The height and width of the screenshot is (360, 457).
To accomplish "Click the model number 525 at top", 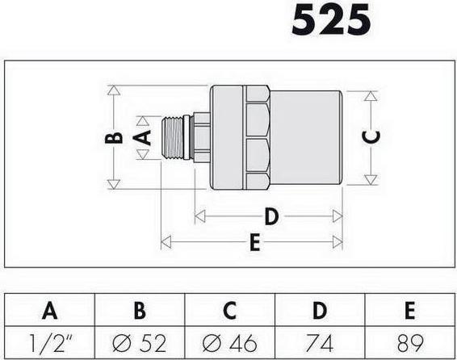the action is click(x=331, y=20).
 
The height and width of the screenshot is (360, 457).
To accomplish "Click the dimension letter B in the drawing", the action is click(x=114, y=137).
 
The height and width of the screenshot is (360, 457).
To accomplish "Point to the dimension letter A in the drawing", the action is click(x=143, y=137).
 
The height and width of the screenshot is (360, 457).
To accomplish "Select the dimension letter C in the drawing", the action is click(x=371, y=137).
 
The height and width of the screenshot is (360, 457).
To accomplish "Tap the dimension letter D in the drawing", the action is click(x=271, y=216).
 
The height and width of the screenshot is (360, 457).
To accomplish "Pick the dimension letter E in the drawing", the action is click(x=255, y=241).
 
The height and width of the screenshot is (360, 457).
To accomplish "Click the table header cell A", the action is click(x=49, y=310).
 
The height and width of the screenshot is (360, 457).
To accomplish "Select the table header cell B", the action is click(x=140, y=310).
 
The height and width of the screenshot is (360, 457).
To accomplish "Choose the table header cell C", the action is click(x=229, y=310).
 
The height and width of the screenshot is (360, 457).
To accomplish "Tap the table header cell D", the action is click(x=320, y=310).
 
